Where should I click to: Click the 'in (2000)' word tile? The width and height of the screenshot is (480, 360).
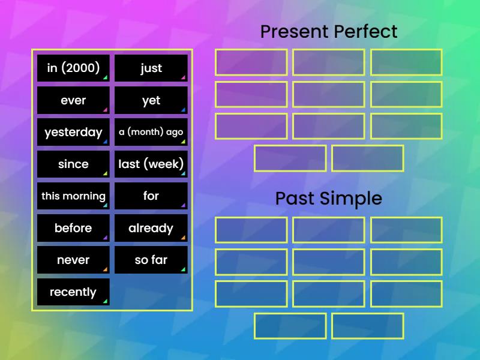point(73,68)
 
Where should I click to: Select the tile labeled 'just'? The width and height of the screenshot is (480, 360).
point(151,68)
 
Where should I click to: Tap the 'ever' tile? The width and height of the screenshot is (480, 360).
point(73,100)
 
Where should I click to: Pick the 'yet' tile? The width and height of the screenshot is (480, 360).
point(151,100)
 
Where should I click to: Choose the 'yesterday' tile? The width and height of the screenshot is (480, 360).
point(73,132)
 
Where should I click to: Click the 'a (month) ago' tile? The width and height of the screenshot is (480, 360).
point(151,132)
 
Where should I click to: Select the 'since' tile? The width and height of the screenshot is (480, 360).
point(73,164)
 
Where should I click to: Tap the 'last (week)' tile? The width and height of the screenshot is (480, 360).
point(151,164)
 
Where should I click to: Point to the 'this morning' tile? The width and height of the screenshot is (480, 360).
point(73,196)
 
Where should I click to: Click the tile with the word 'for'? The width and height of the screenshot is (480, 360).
point(151,196)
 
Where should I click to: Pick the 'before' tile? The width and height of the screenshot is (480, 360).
point(73,228)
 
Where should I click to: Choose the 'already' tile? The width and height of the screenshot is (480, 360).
point(151,228)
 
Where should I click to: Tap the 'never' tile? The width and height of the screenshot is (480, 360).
point(73,260)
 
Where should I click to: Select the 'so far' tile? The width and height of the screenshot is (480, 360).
point(151,260)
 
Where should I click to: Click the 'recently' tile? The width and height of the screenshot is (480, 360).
point(73,292)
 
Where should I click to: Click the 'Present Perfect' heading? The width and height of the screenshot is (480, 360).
point(329,31)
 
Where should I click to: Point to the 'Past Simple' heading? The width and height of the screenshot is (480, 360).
point(329,198)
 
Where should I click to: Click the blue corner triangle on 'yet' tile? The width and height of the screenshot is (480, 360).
point(184,110)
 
